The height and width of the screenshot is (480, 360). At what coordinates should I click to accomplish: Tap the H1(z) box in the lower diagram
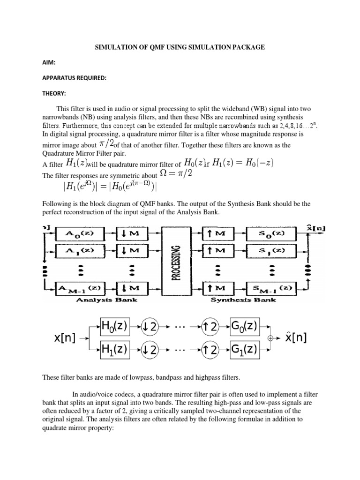[x=115, y=349]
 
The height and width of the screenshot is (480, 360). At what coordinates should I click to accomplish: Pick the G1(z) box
[x=243, y=349]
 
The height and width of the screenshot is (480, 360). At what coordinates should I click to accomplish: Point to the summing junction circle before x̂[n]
[x=270, y=337]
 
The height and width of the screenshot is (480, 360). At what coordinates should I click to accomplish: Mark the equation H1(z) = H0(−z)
[x=242, y=163]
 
